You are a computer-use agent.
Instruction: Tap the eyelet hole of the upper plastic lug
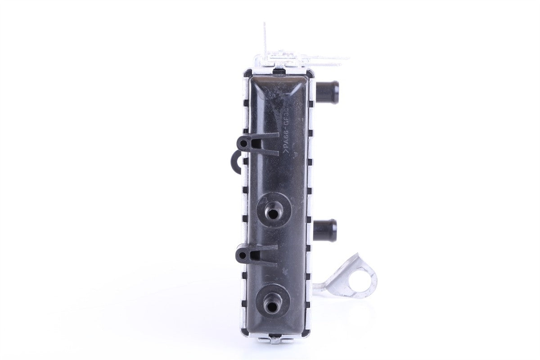[243, 144]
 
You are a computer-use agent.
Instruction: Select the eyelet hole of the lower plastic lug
[243, 255]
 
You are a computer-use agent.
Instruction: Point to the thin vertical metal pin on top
[265, 38]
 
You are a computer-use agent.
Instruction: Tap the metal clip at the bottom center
[275, 339]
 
